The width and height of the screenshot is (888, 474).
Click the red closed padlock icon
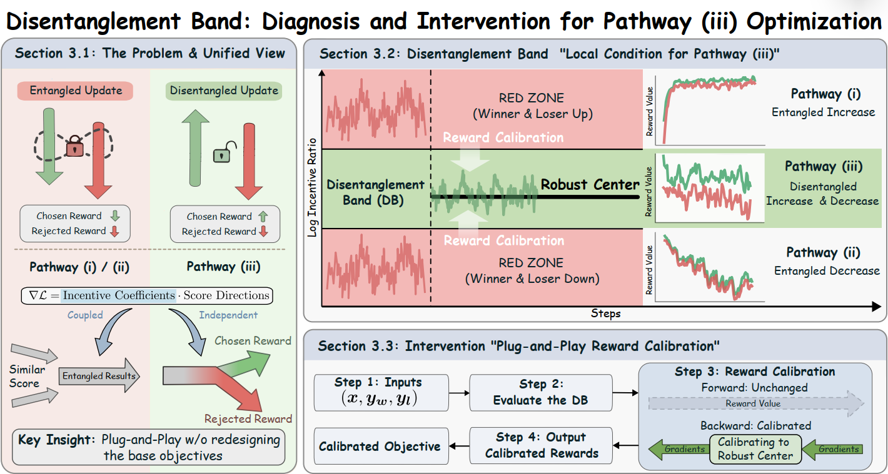coord(74,148)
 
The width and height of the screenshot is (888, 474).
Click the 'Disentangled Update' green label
coord(224,91)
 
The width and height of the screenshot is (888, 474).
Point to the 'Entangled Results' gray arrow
coord(99,375)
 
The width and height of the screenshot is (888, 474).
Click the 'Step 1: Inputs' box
coord(381,392)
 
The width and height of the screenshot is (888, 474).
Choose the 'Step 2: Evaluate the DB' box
coord(541,392)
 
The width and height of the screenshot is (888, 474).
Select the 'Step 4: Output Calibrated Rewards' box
coord(541,445)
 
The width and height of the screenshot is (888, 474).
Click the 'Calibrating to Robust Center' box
coord(754,448)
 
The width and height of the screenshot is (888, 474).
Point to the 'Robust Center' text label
coord(590,184)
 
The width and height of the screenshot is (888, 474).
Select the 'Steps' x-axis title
coord(605,314)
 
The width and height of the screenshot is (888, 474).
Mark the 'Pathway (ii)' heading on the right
coord(823,253)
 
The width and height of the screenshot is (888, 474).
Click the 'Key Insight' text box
coord(148,447)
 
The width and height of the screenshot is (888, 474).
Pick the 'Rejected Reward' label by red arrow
coord(248,419)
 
